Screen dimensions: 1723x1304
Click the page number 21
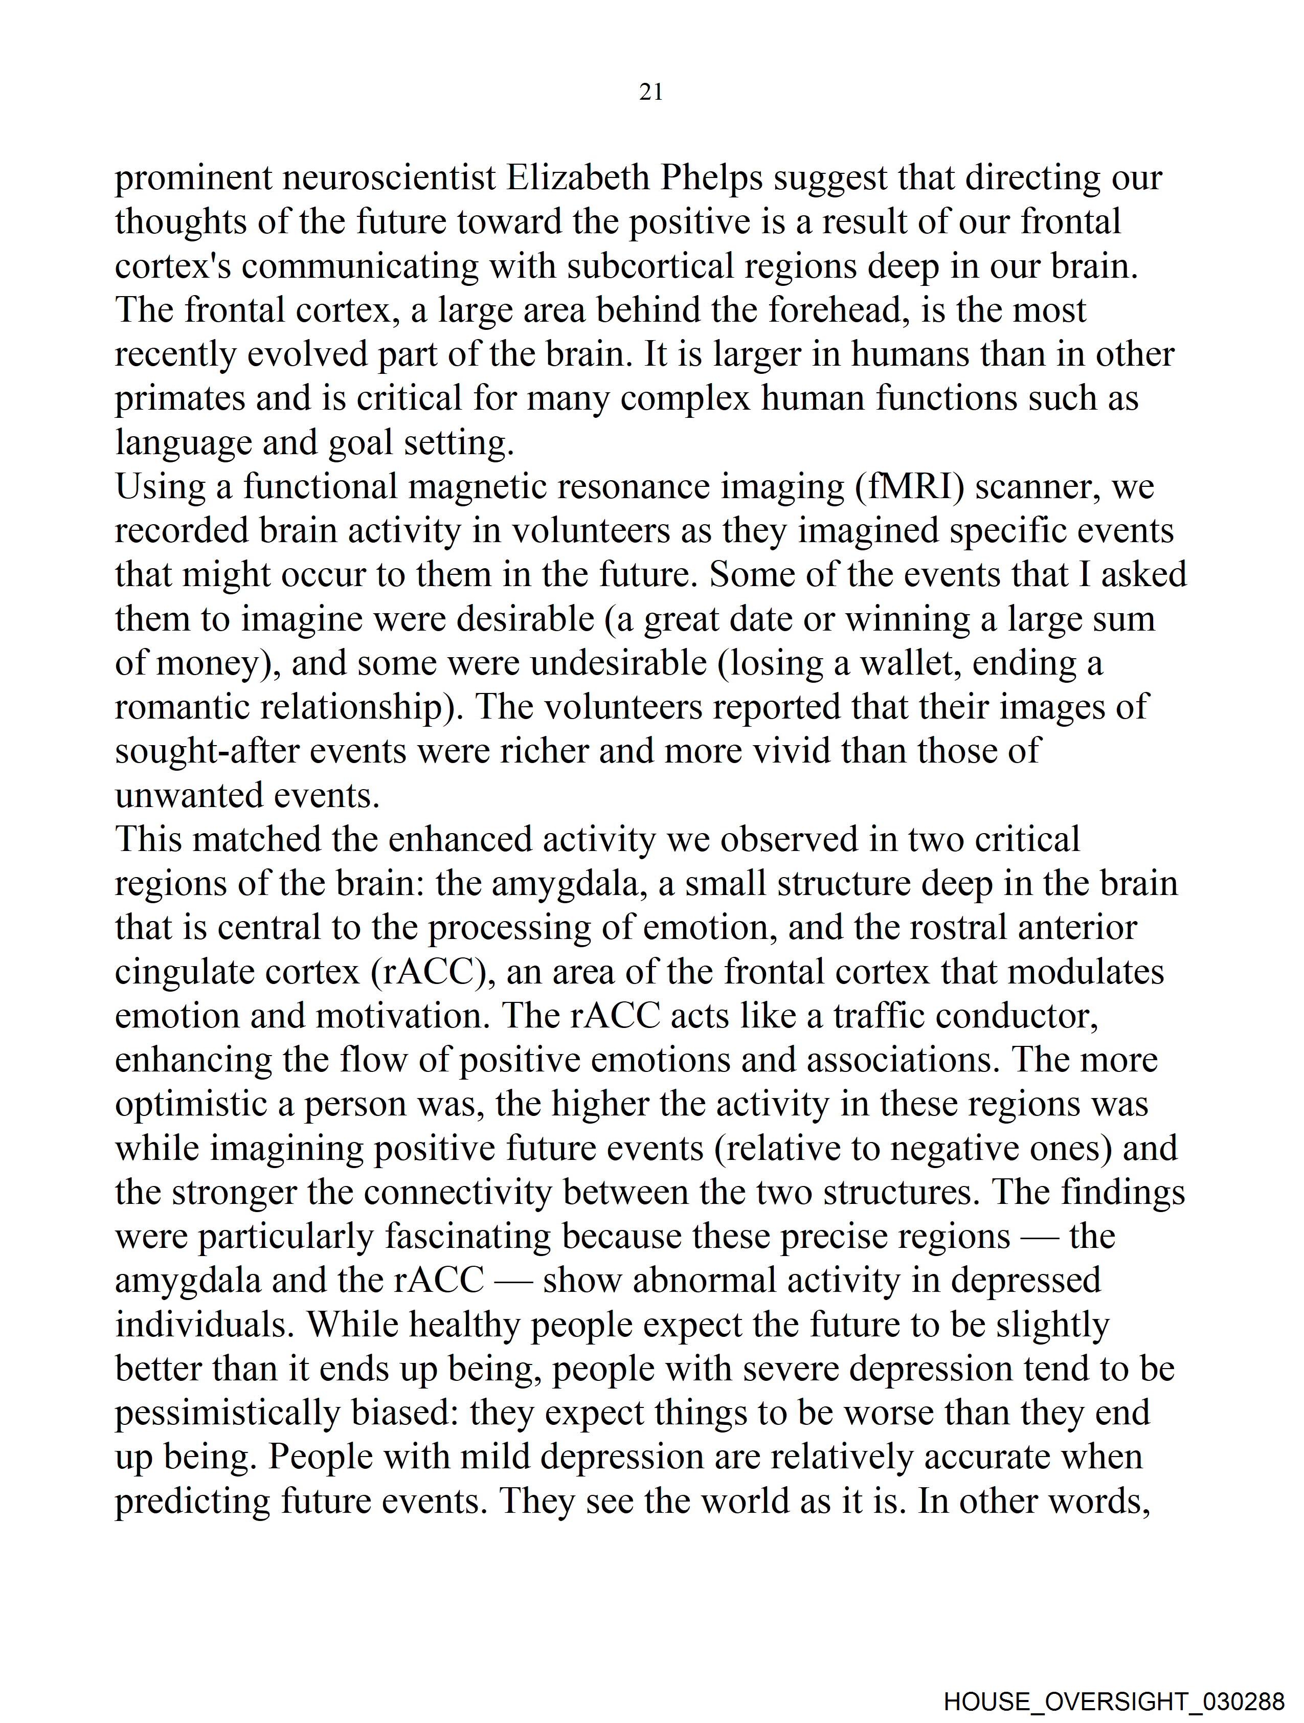[x=650, y=93]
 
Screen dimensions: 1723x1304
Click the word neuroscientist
[x=389, y=178]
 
